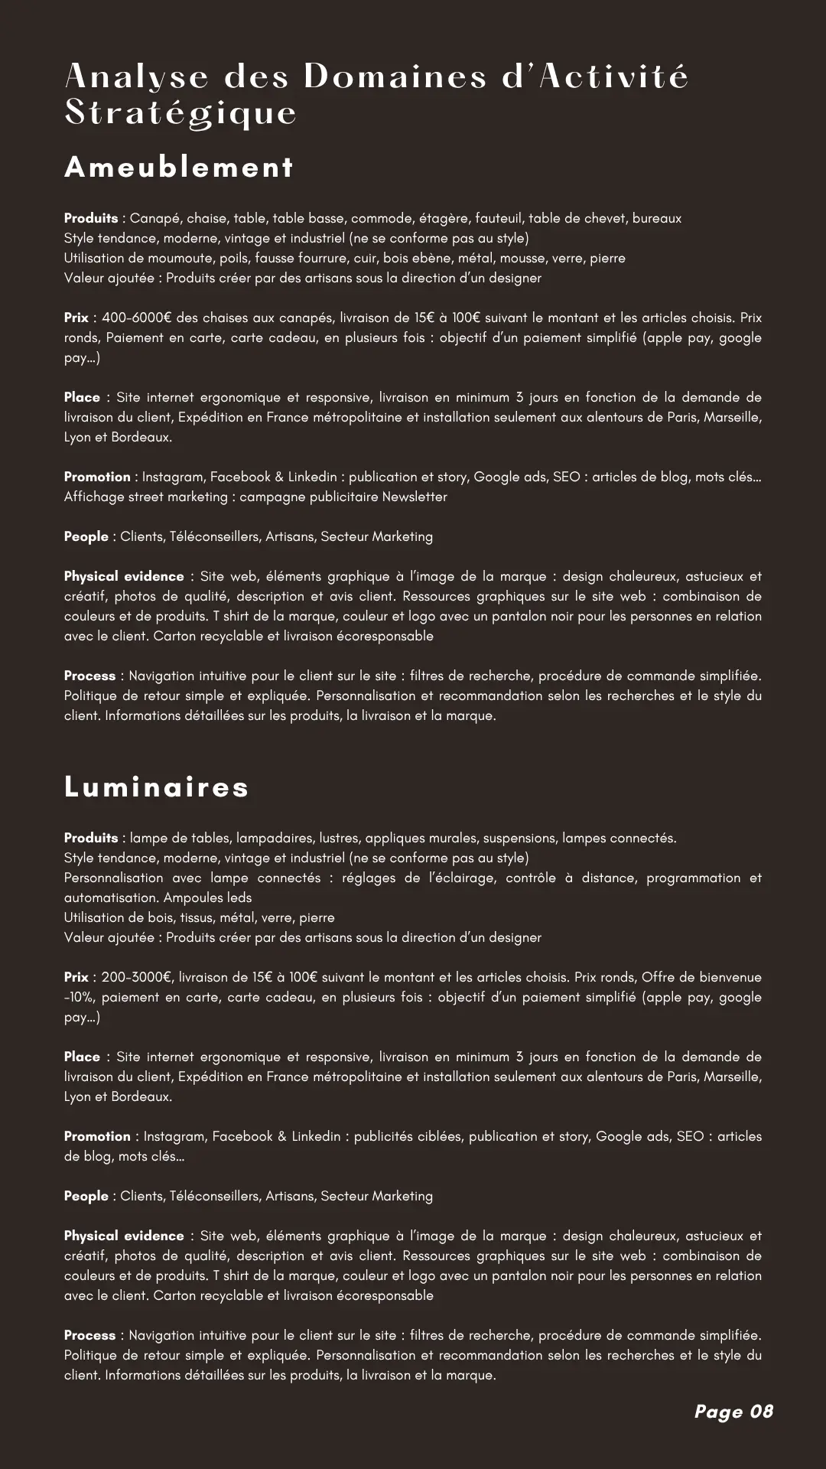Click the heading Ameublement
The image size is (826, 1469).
(179, 168)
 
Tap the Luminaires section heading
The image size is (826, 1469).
(157, 787)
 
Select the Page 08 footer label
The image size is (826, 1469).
(733, 1412)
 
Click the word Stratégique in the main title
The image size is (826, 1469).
(181, 112)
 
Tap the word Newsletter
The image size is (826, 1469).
(415, 497)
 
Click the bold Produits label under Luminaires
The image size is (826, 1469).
(91, 838)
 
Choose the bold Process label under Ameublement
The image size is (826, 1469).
(89, 676)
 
